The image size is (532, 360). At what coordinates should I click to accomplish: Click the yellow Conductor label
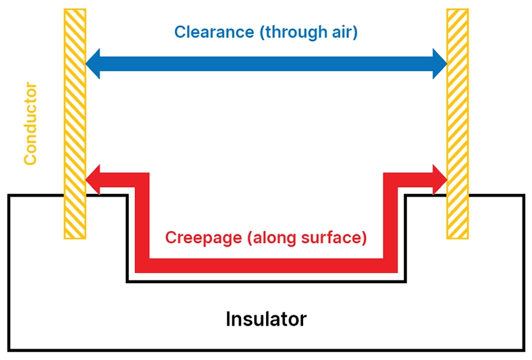30,124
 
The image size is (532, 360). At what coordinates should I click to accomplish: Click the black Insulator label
265,318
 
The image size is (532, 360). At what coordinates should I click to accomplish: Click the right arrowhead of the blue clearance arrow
439,63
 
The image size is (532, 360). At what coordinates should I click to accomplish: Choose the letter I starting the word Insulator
228,318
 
